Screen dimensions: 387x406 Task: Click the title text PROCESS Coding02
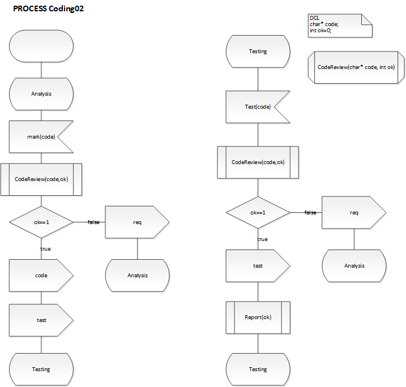tap(49, 9)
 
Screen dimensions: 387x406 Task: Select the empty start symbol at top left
tap(41, 46)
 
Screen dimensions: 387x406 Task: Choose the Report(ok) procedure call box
tap(258, 317)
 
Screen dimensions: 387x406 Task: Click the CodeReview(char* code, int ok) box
tap(356, 67)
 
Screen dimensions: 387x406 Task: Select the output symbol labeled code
tap(41, 276)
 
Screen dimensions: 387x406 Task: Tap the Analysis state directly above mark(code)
tap(41, 93)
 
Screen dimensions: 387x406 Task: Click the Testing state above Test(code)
tap(258, 51)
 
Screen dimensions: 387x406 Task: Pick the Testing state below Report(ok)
tap(258, 369)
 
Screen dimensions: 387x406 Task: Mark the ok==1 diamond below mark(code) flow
tap(41, 222)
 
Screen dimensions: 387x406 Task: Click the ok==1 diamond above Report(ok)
tap(258, 213)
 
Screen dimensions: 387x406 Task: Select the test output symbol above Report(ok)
tap(258, 266)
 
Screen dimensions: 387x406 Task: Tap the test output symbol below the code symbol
tap(41, 320)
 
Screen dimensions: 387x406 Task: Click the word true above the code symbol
tap(45, 248)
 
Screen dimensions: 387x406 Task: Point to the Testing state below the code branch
tap(41, 369)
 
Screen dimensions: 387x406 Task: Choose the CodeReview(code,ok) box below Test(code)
tap(258, 162)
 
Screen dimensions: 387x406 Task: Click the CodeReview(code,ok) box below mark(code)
tap(41, 179)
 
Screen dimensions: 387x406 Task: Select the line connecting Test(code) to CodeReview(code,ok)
tap(258, 135)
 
